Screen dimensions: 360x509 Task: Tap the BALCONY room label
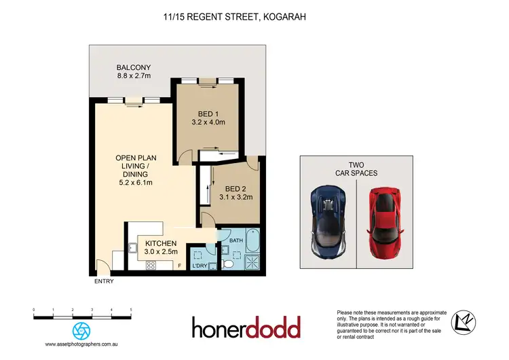[x=132, y=68]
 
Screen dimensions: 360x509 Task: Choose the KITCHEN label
[x=160, y=244]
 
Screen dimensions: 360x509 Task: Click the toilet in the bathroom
[x=229, y=262]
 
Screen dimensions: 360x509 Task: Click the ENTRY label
[x=104, y=281]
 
